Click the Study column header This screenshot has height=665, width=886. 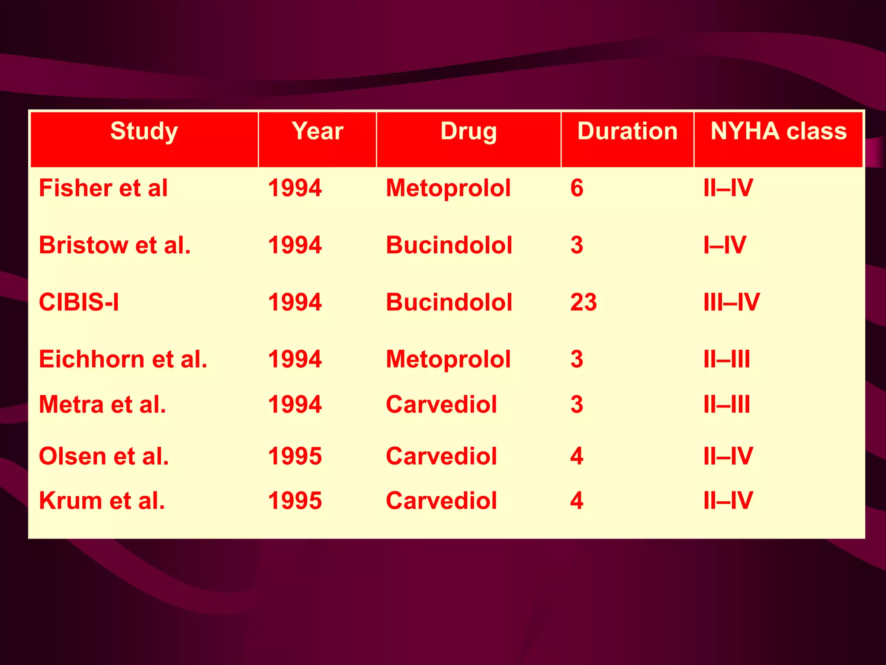144,132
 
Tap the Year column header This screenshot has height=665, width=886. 317,132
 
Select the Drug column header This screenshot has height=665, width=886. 469,132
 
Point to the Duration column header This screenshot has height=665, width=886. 627,132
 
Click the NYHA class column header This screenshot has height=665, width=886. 778,132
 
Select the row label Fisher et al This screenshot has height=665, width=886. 103,188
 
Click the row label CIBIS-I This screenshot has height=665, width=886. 79,302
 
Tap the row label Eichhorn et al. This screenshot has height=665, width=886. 123,359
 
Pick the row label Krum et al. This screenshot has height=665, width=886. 102,501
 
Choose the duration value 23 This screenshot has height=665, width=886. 583,302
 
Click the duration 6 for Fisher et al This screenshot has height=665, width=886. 577,188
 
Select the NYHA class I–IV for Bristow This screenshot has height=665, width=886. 725,245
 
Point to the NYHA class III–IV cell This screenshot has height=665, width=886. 731,302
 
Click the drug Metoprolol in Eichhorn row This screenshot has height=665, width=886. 448,359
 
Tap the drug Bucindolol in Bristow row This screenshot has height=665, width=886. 449,245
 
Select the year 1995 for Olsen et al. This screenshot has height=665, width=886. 295,456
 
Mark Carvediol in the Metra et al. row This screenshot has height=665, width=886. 441,405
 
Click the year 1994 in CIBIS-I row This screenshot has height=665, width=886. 295,302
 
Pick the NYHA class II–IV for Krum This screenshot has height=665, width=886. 728,501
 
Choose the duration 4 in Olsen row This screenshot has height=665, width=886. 577,456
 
